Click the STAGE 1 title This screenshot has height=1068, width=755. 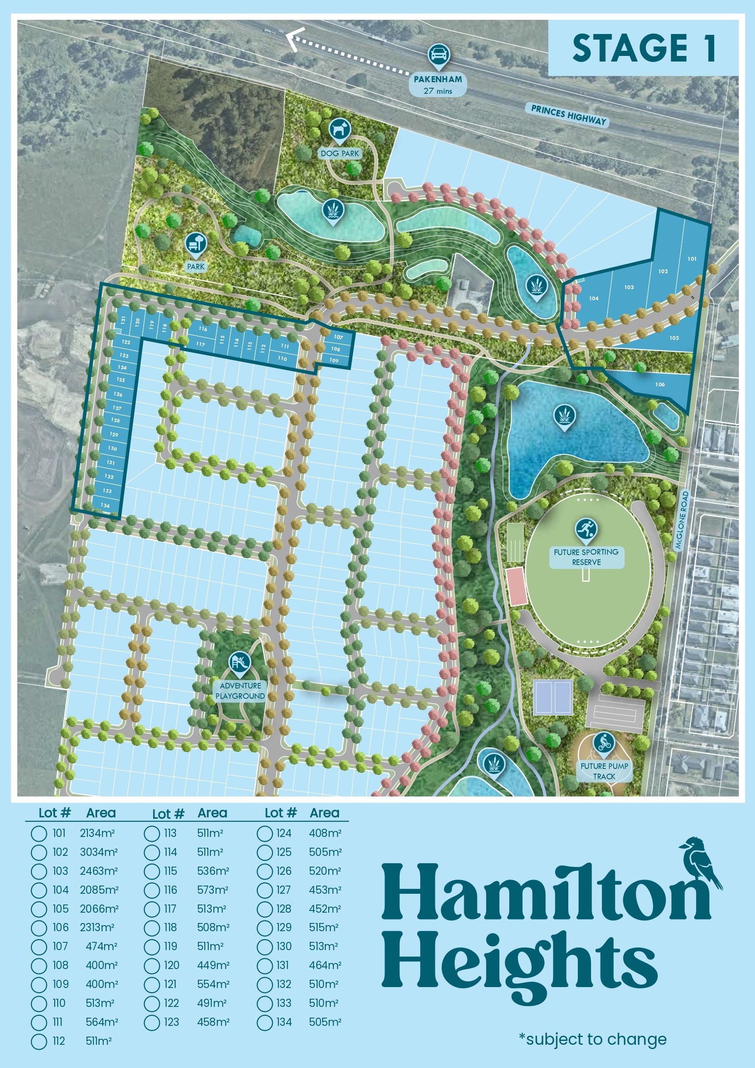point(643,48)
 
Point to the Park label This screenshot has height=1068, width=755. point(196,267)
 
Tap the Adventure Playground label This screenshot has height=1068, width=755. point(240,691)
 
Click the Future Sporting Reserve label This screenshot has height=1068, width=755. point(586,557)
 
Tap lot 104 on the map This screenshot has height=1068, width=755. point(594,298)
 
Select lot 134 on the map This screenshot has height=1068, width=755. point(105,505)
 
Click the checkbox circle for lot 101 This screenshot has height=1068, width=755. point(39,833)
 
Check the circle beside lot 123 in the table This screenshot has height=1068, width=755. point(152,1022)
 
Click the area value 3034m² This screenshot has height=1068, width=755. point(99,852)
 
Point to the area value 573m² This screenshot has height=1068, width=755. point(213,890)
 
